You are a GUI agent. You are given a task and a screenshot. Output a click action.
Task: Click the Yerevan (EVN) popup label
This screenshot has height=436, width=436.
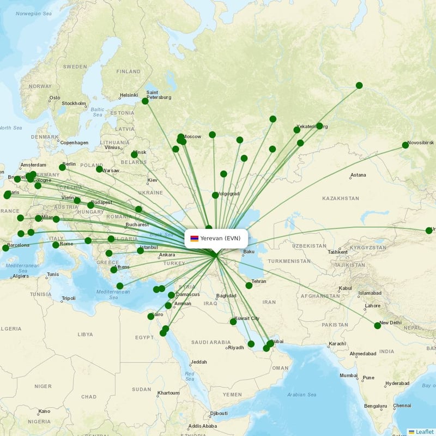[x=220, y=238]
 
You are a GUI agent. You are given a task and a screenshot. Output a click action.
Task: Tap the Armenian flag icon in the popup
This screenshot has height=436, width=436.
[x=195, y=238]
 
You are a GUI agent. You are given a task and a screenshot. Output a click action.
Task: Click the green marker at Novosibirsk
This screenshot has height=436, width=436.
[x=405, y=145]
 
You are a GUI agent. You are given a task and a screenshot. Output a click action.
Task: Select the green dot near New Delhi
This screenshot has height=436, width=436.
[x=378, y=325]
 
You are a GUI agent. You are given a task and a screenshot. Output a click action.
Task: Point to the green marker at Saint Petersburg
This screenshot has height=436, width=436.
[x=145, y=101]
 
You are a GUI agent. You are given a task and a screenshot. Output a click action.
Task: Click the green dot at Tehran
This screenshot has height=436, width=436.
[x=249, y=285]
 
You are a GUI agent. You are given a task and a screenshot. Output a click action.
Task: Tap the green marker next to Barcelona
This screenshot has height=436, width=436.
[x=5, y=248]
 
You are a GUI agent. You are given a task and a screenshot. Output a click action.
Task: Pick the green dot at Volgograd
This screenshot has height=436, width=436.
[x=215, y=195]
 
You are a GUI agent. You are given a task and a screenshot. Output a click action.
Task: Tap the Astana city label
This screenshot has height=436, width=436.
[x=358, y=175]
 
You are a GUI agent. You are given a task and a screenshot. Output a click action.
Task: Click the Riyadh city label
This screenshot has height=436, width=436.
[x=235, y=347]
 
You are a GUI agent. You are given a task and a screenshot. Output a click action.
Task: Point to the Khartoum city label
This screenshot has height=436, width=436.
[x=168, y=393]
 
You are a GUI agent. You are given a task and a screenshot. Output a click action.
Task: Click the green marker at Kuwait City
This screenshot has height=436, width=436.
[x=233, y=322]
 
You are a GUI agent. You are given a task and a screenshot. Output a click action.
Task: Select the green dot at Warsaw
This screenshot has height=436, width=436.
[x=99, y=169]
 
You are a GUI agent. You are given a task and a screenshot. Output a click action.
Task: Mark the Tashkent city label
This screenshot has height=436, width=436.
[x=337, y=252]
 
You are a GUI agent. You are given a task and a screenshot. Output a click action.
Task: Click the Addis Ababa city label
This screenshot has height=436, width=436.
[x=202, y=426]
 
